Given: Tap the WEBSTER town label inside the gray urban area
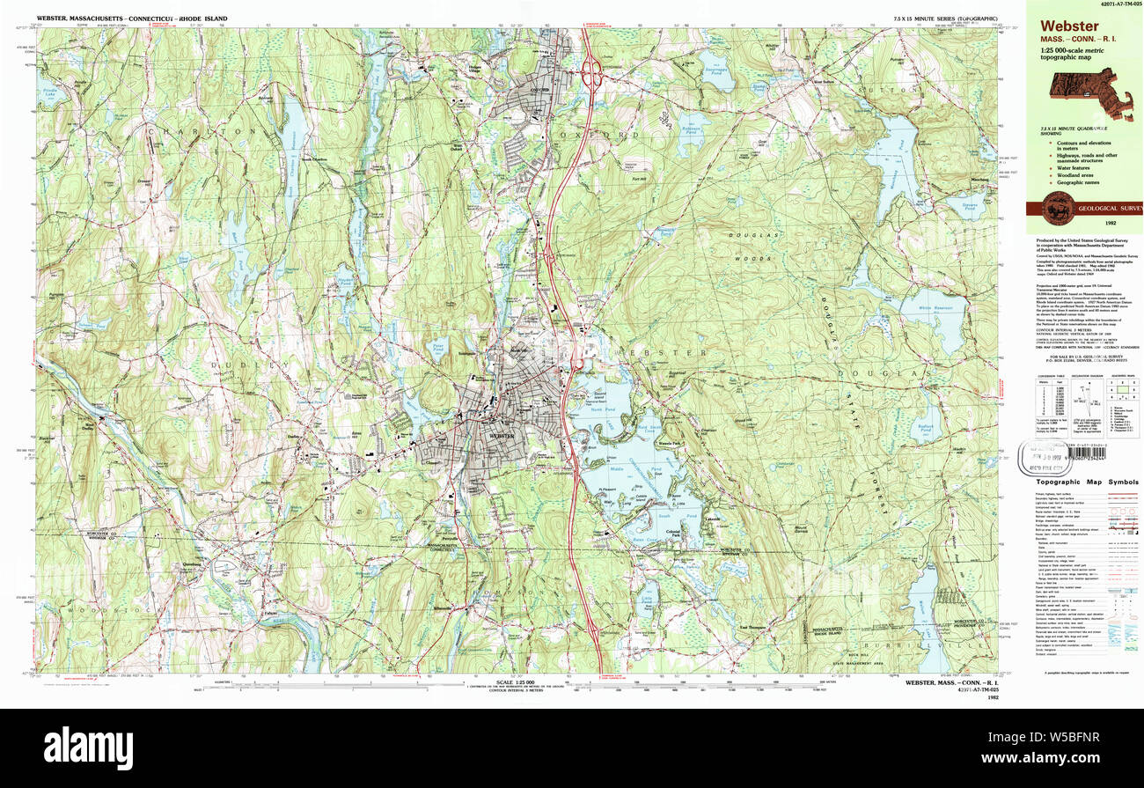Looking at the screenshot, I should point(500,435).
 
